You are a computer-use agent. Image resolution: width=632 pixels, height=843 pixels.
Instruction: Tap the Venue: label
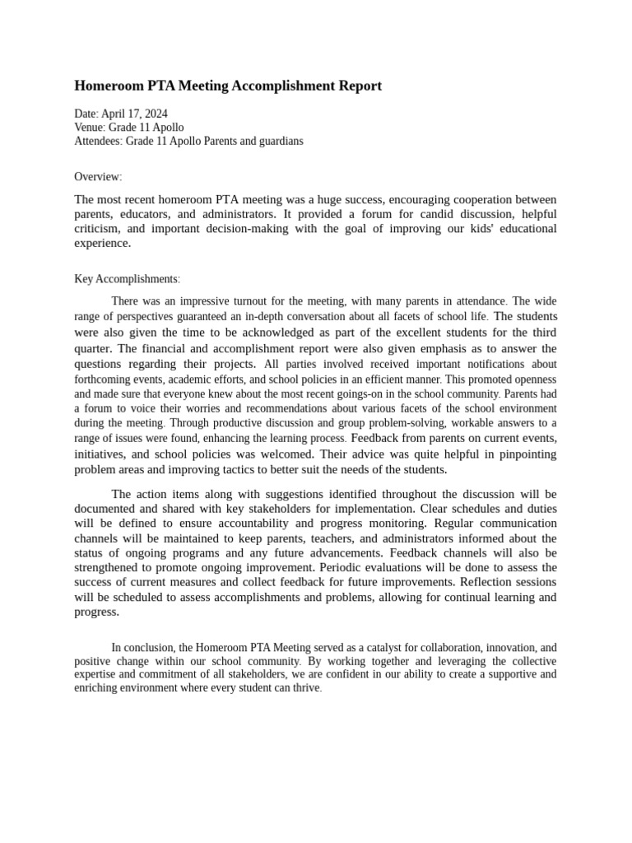pyautogui.click(x=90, y=128)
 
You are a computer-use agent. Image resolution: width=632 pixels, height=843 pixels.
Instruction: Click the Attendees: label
pyautogui.click(x=98, y=141)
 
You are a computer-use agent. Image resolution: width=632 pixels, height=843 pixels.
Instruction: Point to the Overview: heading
pyautogui.click(x=98, y=177)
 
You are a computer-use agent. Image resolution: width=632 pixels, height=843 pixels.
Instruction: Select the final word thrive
pyautogui.click(x=306, y=687)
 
